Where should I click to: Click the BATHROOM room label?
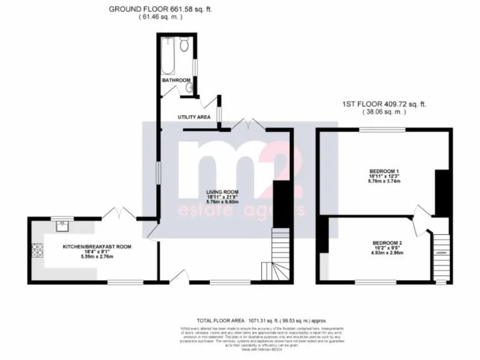pyautogui.click(x=176, y=81)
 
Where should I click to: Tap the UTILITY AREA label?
pyautogui.click(x=192, y=117)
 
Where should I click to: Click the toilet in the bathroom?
pyautogui.click(x=184, y=44)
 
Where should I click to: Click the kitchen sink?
pyautogui.click(x=62, y=223)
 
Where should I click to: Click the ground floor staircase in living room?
pyautogui.click(x=277, y=256)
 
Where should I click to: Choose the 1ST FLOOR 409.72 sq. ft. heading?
pyautogui.click(x=384, y=104)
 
